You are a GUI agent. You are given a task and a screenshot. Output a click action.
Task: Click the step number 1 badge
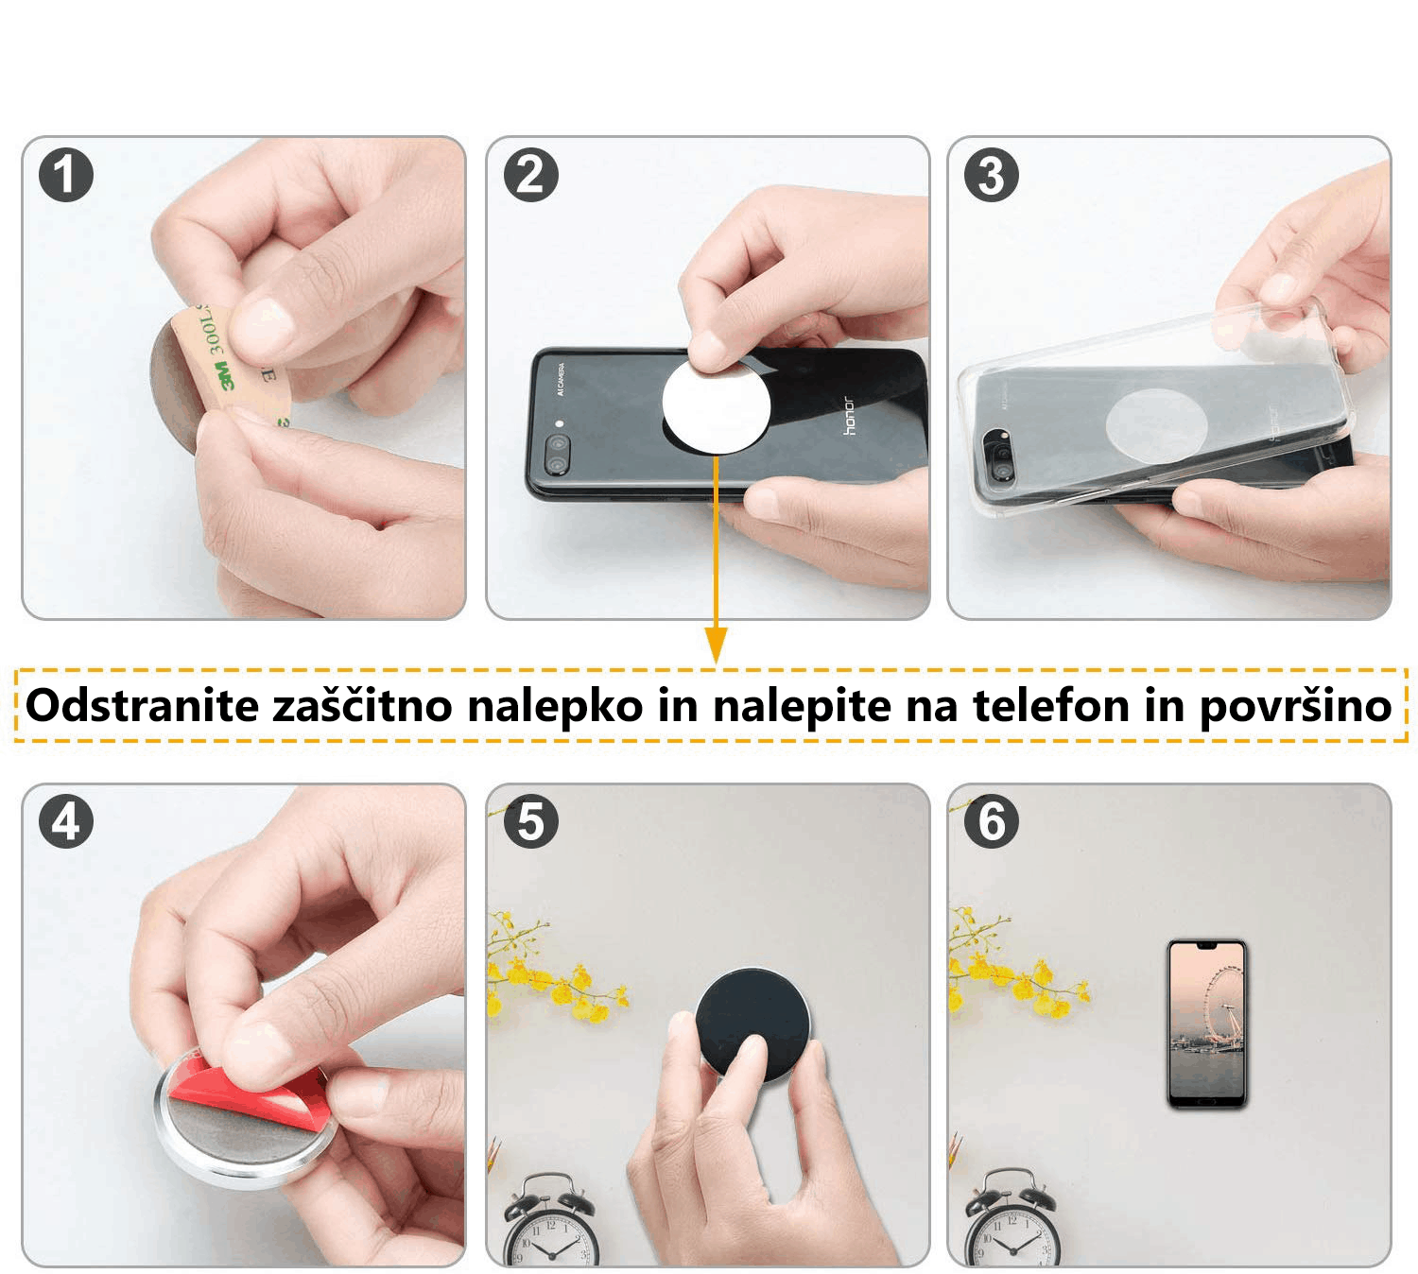click(x=66, y=175)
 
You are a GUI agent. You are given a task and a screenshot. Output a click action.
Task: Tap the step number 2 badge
click(x=530, y=175)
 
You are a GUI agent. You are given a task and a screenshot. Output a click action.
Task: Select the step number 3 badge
click(x=991, y=175)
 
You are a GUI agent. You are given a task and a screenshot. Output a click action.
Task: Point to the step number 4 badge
click(x=66, y=820)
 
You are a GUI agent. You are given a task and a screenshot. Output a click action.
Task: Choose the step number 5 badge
click(x=530, y=820)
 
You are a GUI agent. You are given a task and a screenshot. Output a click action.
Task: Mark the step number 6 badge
click(x=991, y=820)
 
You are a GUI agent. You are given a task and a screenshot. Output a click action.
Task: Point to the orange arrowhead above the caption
click(x=716, y=646)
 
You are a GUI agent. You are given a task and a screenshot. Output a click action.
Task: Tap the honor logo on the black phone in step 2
click(x=849, y=416)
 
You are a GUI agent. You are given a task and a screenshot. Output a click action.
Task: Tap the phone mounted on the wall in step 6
click(x=1206, y=1024)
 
